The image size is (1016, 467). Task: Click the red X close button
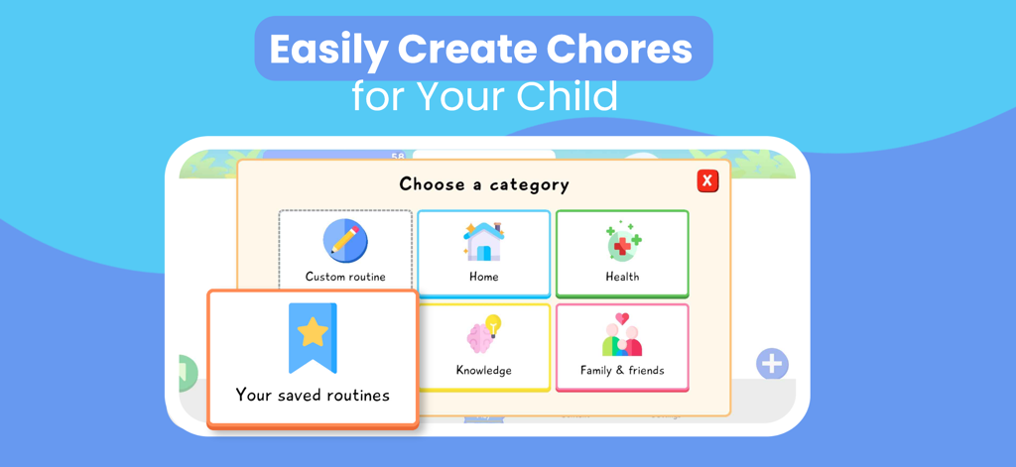click(707, 180)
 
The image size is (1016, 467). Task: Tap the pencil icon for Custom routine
click(345, 241)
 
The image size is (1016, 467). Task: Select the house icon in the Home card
click(483, 241)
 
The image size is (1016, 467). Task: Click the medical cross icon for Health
click(622, 242)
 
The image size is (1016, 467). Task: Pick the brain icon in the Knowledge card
click(483, 335)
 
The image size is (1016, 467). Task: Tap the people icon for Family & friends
click(622, 335)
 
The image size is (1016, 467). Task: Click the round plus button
click(772, 364)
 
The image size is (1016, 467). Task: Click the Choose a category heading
click(484, 183)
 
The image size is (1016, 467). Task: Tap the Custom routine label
click(345, 277)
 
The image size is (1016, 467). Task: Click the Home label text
click(483, 277)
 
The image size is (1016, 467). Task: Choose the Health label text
click(622, 277)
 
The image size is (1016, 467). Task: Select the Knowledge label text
click(483, 371)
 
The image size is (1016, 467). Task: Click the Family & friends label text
click(622, 371)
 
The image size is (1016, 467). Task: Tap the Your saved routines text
click(313, 395)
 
